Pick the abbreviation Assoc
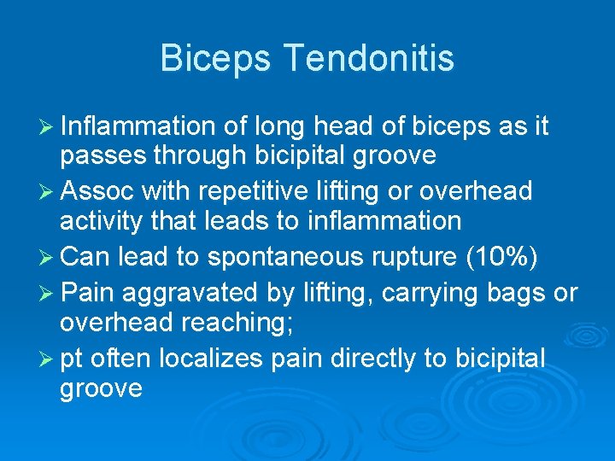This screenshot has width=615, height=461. [x=95, y=190]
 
